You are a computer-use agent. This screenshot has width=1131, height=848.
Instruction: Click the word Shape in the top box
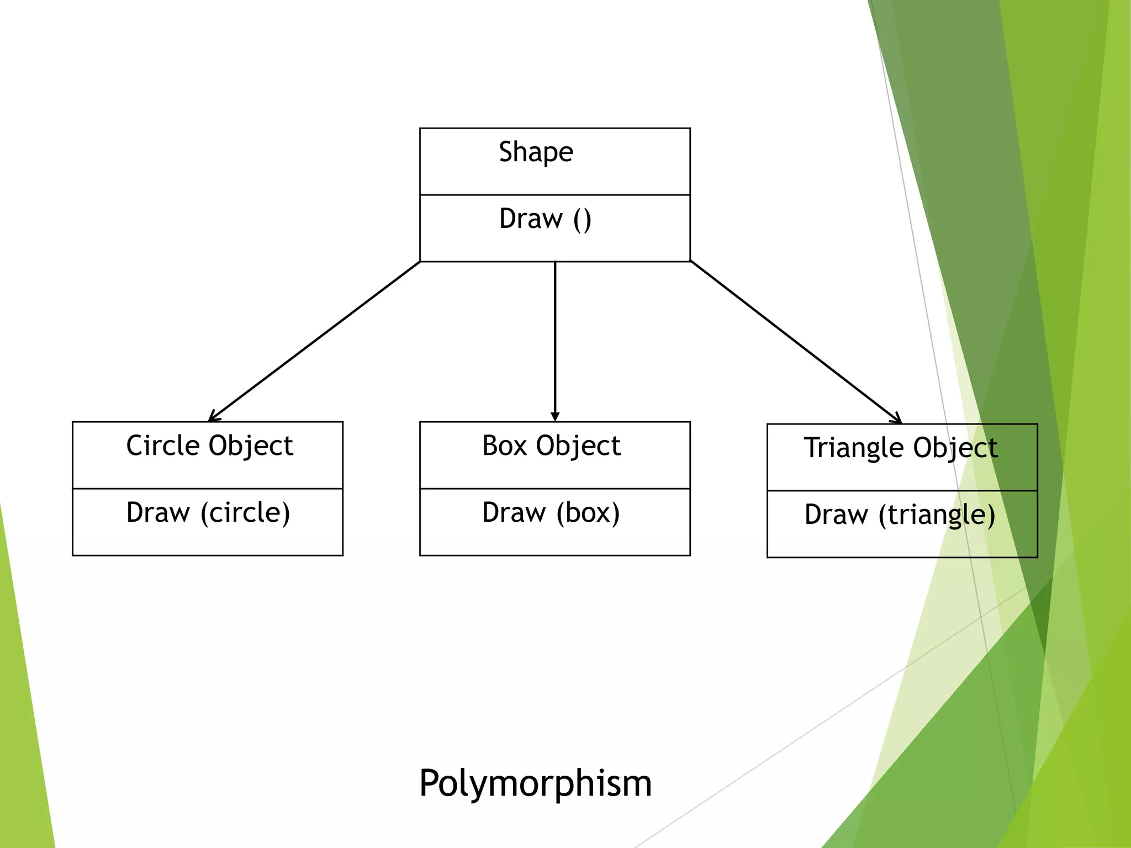(x=536, y=152)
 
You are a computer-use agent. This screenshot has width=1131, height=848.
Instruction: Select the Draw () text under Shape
(x=545, y=219)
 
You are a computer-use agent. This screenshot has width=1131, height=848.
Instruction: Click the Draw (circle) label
(x=208, y=513)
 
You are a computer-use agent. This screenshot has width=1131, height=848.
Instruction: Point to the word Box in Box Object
(x=505, y=446)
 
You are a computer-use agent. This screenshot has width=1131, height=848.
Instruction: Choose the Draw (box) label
(x=551, y=513)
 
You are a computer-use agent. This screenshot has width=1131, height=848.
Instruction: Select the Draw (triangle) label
(x=900, y=515)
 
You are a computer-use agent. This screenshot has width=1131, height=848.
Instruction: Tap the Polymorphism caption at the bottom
(x=536, y=783)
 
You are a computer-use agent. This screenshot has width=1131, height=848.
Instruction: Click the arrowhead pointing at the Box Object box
(x=555, y=417)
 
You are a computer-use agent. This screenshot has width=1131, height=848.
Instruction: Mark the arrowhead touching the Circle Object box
(x=214, y=417)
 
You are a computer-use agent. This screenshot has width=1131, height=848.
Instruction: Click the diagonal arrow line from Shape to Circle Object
(x=315, y=341)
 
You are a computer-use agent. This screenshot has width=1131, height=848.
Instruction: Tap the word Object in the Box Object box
(x=579, y=446)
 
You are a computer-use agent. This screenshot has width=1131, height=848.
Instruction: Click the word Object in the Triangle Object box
(x=955, y=448)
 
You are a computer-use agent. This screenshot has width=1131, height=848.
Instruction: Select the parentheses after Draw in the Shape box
(x=582, y=220)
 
